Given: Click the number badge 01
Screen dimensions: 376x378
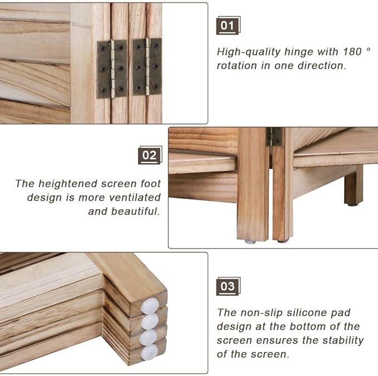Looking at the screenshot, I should point(227,26).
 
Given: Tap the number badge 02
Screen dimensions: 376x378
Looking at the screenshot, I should point(149,155).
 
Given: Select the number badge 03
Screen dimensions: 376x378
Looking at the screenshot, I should point(227,286).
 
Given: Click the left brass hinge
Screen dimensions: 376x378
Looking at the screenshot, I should point(112,68).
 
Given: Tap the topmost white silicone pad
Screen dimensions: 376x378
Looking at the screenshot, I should point(150,305).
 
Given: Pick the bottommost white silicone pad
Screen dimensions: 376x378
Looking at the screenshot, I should point(149,352).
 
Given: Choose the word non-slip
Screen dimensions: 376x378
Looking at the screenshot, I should point(259,313).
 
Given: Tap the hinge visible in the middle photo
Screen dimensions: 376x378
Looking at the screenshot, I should point(274,137).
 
